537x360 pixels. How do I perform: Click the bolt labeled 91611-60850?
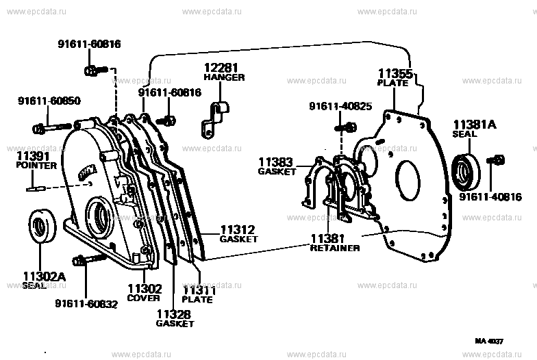(x=55, y=127)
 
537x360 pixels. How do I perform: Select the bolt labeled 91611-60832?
(x=91, y=259)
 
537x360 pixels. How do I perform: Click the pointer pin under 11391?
(x=36, y=188)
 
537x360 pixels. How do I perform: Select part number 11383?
(x=276, y=162)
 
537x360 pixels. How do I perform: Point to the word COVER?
(x=143, y=298)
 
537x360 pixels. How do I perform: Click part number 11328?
(x=173, y=313)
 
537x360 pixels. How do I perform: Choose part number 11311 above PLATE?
(x=199, y=290)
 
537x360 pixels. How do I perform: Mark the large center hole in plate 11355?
(x=406, y=179)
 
